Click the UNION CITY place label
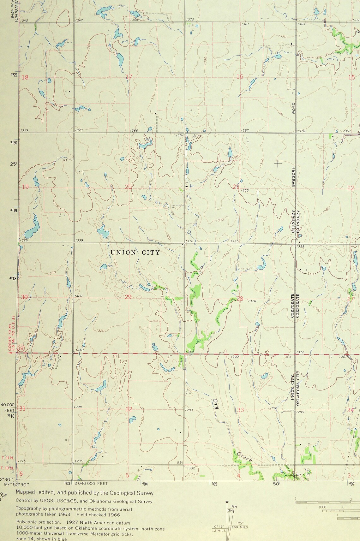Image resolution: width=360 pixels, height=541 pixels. click(135, 253)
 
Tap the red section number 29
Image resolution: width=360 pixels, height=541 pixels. click(128, 297)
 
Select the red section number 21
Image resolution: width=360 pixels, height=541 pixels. click(236, 187)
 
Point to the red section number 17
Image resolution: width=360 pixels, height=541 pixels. click(129, 77)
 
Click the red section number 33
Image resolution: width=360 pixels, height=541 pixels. click(241, 410)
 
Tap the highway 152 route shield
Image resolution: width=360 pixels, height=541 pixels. click(21, 347)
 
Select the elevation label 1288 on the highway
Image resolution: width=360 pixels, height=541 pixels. click(189, 351)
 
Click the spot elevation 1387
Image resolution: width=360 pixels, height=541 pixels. click(245, 130)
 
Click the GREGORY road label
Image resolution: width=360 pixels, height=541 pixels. click(293, 177)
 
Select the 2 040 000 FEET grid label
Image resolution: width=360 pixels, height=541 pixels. click(91, 483)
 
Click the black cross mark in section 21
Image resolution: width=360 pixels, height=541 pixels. click(278, 163)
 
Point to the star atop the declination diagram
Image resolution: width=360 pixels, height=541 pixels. click(227, 502)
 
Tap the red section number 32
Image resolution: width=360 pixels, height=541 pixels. click(129, 409)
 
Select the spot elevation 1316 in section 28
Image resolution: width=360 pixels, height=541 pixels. click(252, 301)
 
